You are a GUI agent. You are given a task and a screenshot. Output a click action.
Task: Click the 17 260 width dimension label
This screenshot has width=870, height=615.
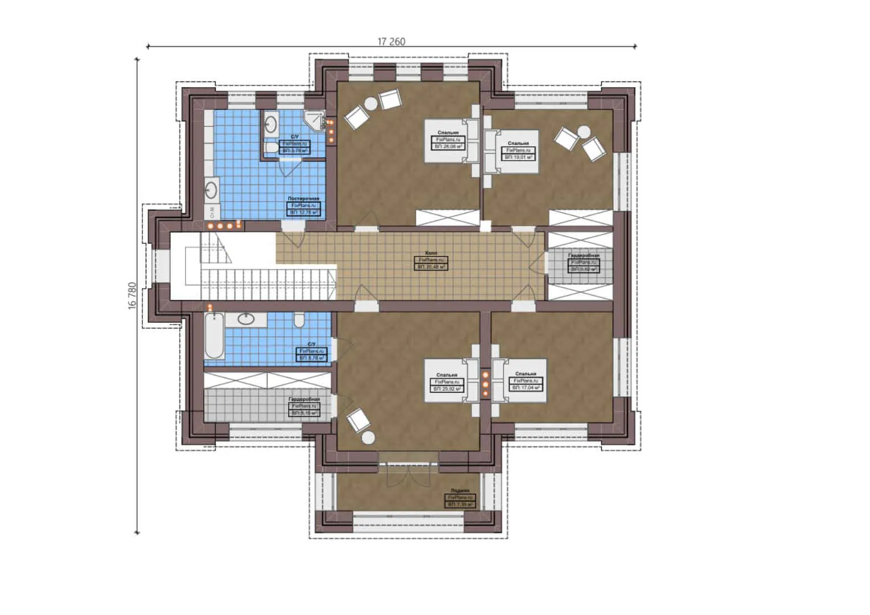coord(391,42)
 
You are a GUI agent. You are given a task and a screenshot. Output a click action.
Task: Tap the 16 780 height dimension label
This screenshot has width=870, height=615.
coord(132,295)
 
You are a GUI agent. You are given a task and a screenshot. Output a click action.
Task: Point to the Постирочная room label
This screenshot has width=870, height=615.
coord(303,199)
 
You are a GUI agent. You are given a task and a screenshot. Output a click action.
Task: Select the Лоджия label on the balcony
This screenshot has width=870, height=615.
coord(460,490)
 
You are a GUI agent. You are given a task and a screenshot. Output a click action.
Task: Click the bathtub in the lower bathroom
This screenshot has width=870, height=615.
coord(214,337)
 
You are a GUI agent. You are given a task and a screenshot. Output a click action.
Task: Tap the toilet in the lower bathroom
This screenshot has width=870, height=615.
coord(299,321)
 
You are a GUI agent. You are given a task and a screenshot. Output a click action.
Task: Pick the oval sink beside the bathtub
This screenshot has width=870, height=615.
coord(246,319)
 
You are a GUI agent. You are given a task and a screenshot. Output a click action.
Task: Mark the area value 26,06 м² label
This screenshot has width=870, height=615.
coord(448,146)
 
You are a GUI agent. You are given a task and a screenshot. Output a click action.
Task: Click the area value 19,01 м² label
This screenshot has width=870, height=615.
coord(518,157)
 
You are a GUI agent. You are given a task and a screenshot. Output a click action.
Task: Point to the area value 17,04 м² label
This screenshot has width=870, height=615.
coord(526,387)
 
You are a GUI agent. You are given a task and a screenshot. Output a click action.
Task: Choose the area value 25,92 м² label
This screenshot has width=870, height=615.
coord(447,388)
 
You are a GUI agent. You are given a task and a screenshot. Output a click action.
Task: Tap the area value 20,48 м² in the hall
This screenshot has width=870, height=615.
coord(431,266)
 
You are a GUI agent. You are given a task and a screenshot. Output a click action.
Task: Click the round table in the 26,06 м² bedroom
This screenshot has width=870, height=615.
coord(371,104)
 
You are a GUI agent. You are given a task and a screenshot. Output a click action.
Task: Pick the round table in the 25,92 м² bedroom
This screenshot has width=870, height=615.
coord(368,437)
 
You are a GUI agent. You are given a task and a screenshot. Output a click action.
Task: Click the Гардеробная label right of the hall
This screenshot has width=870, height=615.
coord(584,256)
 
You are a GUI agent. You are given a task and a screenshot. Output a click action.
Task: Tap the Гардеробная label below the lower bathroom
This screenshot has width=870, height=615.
coord(304,400)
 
